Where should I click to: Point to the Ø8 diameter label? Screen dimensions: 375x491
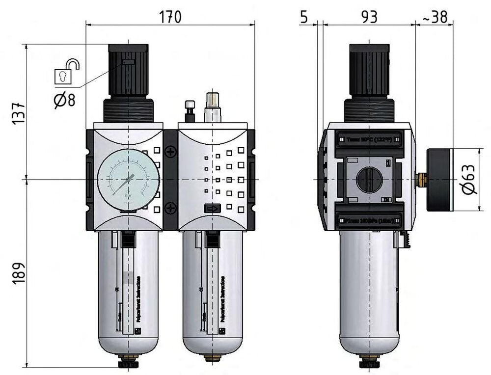pyautogui.click(x=64, y=100)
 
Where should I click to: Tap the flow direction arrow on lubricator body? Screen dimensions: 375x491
pyautogui.click(x=212, y=209)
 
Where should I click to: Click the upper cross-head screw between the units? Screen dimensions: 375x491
pyautogui.click(x=170, y=152)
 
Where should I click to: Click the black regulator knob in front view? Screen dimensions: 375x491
pyautogui.click(x=128, y=71)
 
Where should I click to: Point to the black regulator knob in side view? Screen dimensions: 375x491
pyautogui.click(x=369, y=71)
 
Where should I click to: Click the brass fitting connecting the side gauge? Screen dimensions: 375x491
pyautogui.click(x=421, y=180)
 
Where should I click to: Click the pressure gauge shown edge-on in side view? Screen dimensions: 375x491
pyautogui.click(x=438, y=180)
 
